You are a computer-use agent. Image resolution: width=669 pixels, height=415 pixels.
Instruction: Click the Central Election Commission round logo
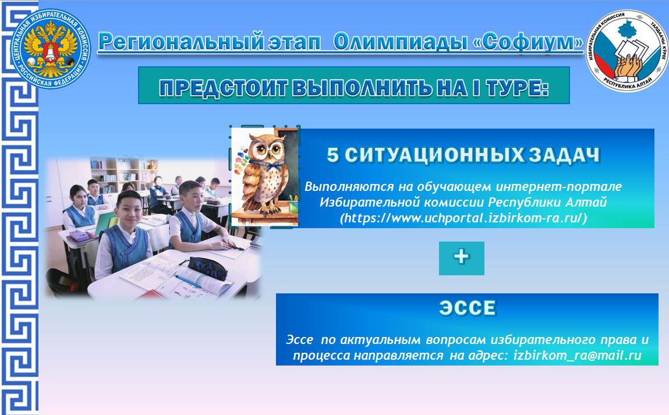point(52,49)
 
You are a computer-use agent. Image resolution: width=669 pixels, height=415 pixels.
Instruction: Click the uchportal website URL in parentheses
point(463,218)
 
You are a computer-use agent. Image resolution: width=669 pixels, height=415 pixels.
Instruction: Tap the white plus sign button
point(461,258)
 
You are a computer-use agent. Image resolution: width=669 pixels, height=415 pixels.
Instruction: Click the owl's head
point(268,149)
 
